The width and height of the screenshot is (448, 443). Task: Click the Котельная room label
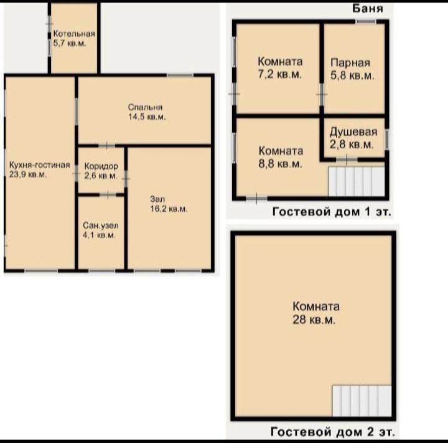pos(74,34)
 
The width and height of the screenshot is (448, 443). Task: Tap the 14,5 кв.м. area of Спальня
pos(147,117)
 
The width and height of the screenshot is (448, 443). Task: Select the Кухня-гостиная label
pos(39,165)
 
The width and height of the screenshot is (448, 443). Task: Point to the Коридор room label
pos(101,166)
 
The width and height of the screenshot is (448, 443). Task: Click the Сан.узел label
pos(101,226)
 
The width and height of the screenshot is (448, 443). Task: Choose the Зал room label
pos(157,199)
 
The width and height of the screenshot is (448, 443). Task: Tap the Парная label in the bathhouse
pos(350,63)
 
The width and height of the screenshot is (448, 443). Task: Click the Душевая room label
pos(353,132)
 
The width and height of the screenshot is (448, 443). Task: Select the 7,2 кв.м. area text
pos(280,74)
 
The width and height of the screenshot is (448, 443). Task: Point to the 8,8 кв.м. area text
pos(280,164)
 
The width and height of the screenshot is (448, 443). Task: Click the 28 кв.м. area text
pos(314,320)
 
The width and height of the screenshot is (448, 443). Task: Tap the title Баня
pos(368,9)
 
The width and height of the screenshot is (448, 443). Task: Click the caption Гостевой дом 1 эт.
pos(332,212)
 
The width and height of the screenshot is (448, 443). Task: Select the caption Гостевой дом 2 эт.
pos(332,432)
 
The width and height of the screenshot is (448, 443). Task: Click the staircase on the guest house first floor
pos(357,181)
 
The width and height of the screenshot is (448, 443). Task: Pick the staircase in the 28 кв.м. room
pos(362,401)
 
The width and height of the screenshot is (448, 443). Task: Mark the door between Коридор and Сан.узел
pos(108,195)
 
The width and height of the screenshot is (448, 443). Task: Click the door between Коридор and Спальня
pos(106,146)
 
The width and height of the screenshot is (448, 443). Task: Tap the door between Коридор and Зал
pos(126,179)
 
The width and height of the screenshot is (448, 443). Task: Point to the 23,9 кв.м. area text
pos(28,174)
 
